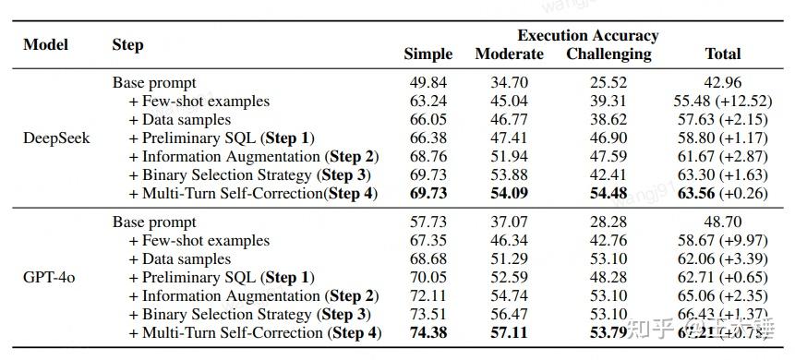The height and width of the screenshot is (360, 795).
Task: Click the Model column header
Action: point(45,44)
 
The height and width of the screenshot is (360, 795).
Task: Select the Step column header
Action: point(127,44)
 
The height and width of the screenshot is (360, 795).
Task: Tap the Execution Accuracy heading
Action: point(587,35)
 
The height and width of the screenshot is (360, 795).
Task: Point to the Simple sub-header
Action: point(428,54)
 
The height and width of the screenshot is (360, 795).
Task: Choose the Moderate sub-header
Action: point(509,54)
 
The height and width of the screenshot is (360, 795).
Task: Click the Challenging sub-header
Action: point(608,54)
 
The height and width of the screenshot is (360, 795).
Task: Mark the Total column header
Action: point(722,54)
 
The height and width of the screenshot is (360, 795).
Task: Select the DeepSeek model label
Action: point(55,138)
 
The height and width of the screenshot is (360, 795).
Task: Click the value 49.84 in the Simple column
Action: point(428,83)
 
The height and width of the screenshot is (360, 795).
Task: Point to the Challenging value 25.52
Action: point(608,83)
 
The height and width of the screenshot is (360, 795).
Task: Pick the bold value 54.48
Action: point(608,193)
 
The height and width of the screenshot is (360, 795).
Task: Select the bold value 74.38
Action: point(428,332)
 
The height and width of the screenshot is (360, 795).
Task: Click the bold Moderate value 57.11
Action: point(509,332)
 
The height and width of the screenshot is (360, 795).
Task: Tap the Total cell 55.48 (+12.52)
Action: point(722,102)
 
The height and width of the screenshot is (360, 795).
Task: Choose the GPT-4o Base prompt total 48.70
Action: point(722,222)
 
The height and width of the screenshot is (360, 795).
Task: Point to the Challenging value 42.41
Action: point(608,174)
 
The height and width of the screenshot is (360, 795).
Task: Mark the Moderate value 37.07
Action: point(509,222)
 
